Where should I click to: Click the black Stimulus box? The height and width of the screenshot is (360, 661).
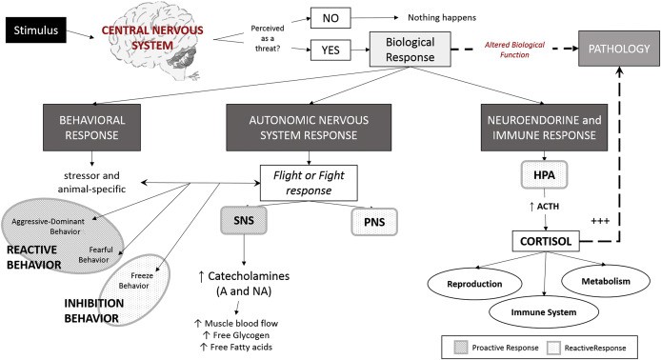(x=36, y=30)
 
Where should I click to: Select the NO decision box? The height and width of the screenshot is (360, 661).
(x=330, y=18)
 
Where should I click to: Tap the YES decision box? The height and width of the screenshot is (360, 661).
(x=330, y=50)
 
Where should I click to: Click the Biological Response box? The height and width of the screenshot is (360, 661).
(x=411, y=50)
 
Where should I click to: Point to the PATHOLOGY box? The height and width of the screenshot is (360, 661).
(x=619, y=49)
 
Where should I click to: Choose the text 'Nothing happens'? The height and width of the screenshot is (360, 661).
(x=442, y=18)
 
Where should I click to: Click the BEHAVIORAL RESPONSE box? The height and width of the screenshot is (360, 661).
(x=91, y=128)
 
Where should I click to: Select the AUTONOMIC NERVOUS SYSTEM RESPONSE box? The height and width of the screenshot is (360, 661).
(x=309, y=128)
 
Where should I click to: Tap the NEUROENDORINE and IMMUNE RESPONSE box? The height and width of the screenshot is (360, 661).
(x=544, y=128)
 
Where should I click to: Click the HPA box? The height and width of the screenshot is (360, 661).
(x=544, y=174)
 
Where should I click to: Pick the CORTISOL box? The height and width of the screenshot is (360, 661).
(x=546, y=241)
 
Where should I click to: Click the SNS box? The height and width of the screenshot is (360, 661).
(x=244, y=220)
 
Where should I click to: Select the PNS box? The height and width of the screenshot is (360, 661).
(x=374, y=222)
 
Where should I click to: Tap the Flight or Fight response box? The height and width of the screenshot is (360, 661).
(x=309, y=183)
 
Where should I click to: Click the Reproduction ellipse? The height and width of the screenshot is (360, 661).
(x=474, y=284)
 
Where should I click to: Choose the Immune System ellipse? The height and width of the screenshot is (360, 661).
(x=544, y=312)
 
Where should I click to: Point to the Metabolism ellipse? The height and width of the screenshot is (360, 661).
(x=606, y=281)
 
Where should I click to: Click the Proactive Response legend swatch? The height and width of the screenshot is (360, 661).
(x=461, y=348)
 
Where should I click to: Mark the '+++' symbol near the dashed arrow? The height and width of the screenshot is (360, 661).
(x=600, y=220)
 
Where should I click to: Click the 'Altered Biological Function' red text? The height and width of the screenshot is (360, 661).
(x=514, y=50)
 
